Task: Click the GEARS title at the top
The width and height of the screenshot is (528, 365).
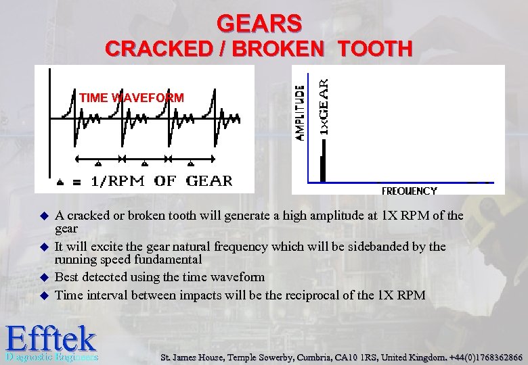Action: click(x=259, y=24)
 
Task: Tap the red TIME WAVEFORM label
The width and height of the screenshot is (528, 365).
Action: click(x=131, y=98)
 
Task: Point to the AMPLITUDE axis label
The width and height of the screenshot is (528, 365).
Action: click(x=301, y=111)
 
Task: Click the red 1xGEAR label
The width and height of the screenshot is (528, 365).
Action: click(x=325, y=105)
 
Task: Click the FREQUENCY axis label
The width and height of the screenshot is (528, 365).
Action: click(x=409, y=191)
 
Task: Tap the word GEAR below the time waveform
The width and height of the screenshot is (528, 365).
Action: click(x=209, y=181)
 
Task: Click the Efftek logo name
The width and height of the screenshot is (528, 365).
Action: click(x=51, y=337)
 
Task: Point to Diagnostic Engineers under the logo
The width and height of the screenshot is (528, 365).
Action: click(x=51, y=357)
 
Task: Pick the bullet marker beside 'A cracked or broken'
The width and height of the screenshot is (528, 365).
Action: click(x=45, y=217)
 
